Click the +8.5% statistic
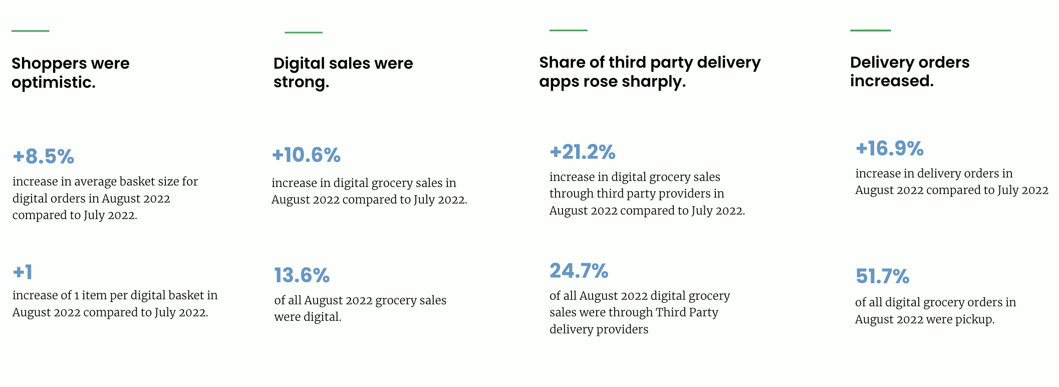(44, 157)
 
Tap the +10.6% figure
(306, 155)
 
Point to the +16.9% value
(889, 149)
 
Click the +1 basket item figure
(23, 273)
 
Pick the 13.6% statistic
(302, 276)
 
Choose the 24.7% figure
(579, 271)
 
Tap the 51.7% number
(882, 277)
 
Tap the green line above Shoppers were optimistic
(30, 31)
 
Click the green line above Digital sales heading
(303, 33)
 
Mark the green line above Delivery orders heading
(870, 31)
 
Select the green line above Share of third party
(568, 31)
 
